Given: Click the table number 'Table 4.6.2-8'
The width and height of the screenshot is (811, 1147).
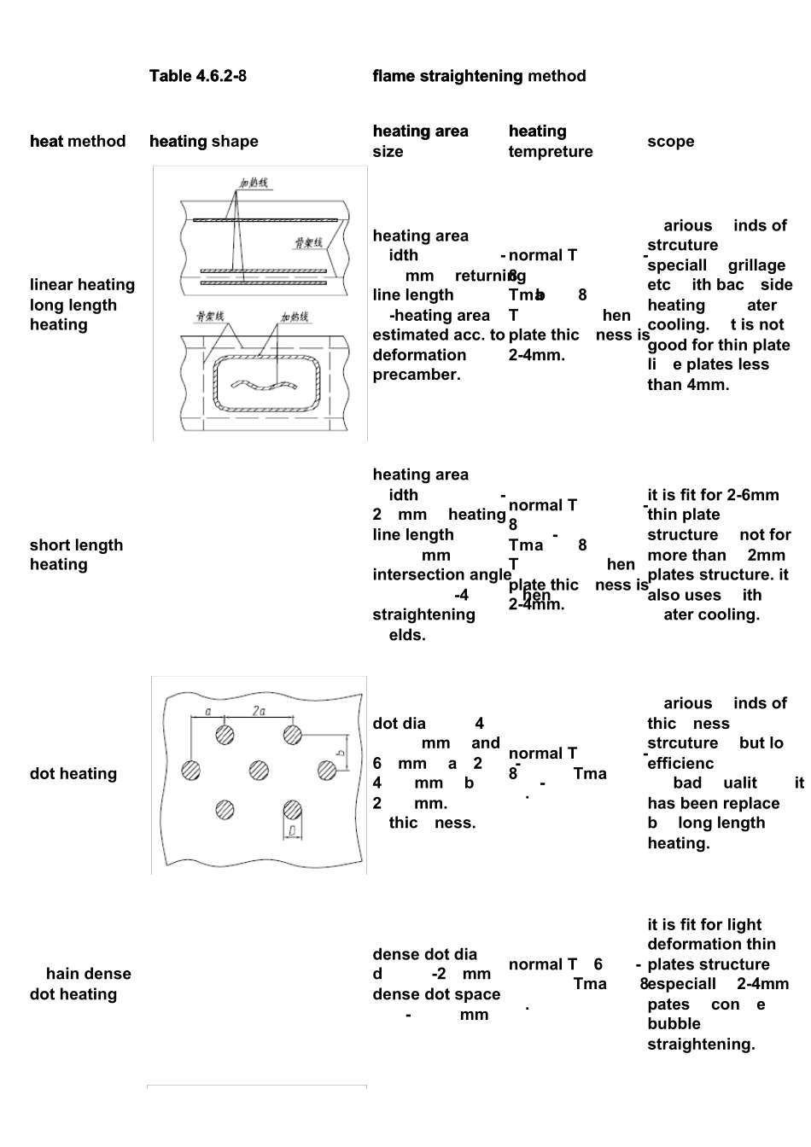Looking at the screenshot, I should pyautogui.click(x=197, y=76).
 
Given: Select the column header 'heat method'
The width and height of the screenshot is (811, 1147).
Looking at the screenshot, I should pyautogui.click(x=77, y=142).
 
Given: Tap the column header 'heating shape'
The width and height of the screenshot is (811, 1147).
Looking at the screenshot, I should pyautogui.click(x=203, y=142).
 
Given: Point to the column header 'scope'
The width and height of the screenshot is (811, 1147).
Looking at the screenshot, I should pyautogui.click(x=670, y=142).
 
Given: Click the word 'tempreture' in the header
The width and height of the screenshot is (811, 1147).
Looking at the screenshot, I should pyautogui.click(x=550, y=152).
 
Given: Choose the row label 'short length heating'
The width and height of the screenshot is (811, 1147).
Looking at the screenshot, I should pyautogui.click(x=76, y=555).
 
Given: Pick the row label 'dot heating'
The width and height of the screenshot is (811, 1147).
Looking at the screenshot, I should pyautogui.click(x=73, y=774).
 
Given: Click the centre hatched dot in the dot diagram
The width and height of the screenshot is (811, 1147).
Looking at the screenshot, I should pyautogui.click(x=259, y=771).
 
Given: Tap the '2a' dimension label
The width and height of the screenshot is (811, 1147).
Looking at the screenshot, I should pyautogui.click(x=259, y=710).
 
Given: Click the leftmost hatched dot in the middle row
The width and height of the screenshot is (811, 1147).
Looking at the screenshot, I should pyautogui.click(x=191, y=771).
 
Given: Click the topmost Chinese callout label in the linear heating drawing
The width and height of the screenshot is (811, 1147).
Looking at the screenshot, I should pyautogui.click(x=253, y=183).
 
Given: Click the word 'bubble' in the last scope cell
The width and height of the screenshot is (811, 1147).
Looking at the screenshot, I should pyautogui.click(x=674, y=1024).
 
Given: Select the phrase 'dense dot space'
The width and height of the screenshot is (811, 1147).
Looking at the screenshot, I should pyautogui.click(x=436, y=994).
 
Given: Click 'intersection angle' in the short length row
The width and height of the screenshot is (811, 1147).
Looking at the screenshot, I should pyautogui.click(x=441, y=575).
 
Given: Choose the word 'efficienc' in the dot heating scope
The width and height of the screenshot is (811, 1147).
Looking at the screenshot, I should pyautogui.click(x=680, y=764).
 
